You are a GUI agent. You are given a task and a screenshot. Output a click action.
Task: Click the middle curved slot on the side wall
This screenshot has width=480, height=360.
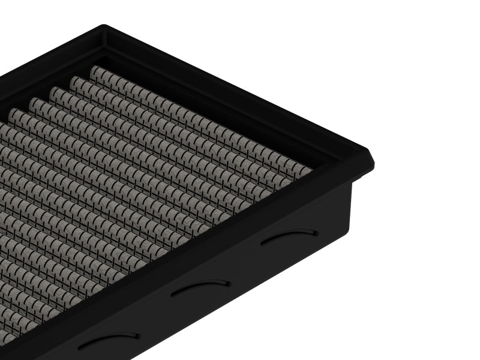click(200, 287)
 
